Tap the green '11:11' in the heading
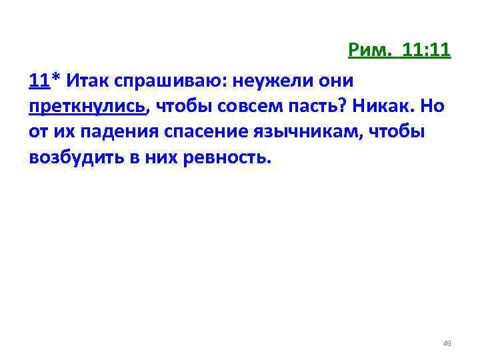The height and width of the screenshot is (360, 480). click(427, 51)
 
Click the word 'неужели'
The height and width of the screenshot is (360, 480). click(271, 82)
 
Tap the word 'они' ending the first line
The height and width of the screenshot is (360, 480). click(335, 81)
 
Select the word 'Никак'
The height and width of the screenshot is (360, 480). click(379, 108)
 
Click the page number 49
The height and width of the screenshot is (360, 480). click(447, 343)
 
